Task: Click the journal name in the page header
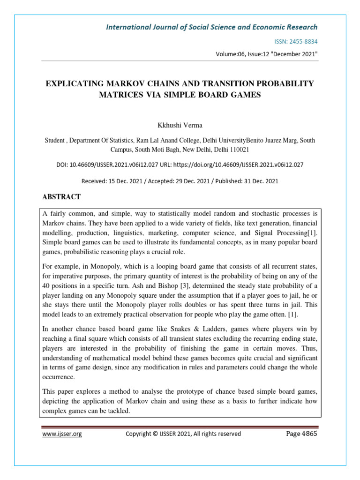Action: coord(212,27)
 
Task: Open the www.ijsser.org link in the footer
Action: coord(62,434)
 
